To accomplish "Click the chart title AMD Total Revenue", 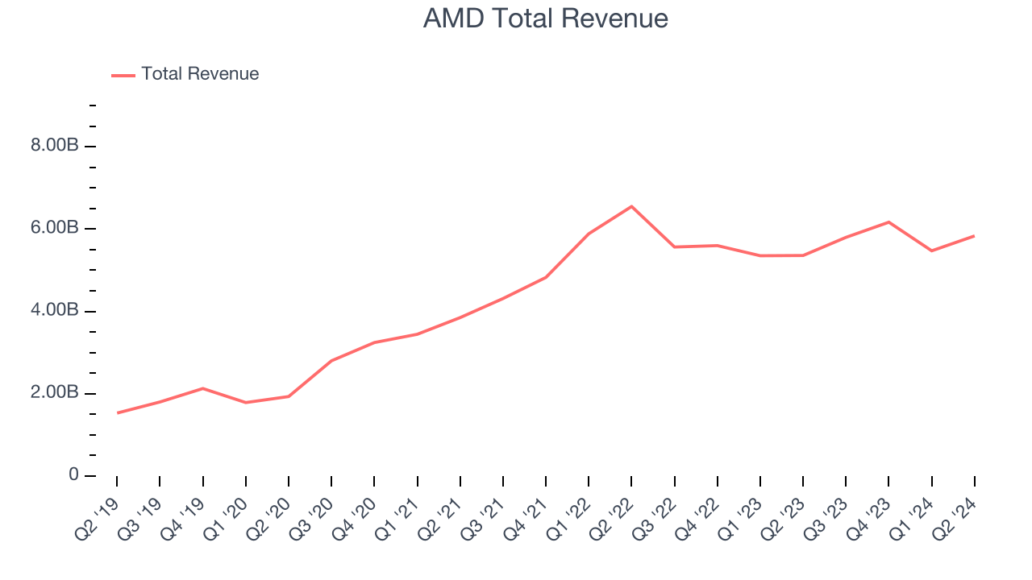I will (x=545, y=19).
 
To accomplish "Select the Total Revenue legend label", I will (x=200, y=74).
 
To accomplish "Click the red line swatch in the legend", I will (x=123, y=75).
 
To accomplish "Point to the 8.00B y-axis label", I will (x=55, y=146).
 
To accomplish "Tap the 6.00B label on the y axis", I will (x=55, y=229).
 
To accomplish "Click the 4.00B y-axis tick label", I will (x=55, y=311).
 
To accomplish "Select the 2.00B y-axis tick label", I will (x=55, y=393).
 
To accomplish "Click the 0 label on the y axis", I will (x=73, y=475).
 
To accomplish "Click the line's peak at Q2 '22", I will (x=631, y=206).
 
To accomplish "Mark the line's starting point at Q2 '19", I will (x=117, y=413).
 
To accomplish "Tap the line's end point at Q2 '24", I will (x=975, y=236).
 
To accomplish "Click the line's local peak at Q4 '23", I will (x=888, y=222).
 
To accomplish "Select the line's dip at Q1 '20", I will (x=245, y=403).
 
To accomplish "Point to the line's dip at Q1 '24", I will (x=932, y=251).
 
